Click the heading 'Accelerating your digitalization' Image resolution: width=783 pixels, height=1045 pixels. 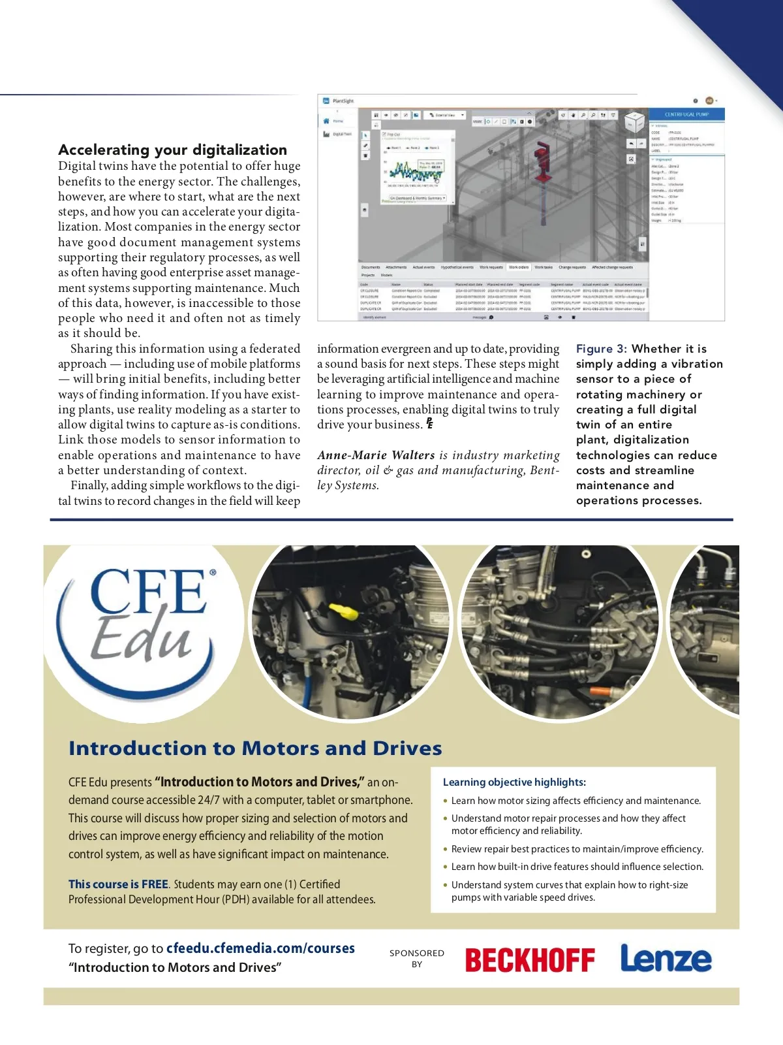click(x=172, y=150)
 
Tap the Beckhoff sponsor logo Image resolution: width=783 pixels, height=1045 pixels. click(x=529, y=960)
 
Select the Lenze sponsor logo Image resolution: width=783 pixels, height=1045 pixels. click(x=666, y=958)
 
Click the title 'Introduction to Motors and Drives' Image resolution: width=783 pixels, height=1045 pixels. click(x=255, y=748)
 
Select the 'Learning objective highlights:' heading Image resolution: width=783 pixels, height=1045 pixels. click(x=514, y=782)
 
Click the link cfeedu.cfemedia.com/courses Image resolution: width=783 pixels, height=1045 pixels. click(x=260, y=948)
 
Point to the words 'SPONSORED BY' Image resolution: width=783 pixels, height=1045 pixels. click(x=417, y=958)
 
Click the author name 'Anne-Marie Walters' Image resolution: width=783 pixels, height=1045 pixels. click(x=376, y=455)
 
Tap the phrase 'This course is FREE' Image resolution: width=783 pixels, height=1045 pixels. click(x=118, y=884)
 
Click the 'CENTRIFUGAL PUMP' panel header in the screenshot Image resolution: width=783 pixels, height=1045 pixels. click(x=686, y=114)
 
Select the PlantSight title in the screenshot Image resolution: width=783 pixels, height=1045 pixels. click(x=343, y=101)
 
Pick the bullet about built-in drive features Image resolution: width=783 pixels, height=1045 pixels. click(x=577, y=867)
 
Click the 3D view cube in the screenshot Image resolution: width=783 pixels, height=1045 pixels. click(x=634, y=122)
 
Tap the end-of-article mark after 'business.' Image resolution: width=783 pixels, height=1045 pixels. click(x=429, y=424)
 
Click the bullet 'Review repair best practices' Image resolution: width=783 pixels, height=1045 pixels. click(x=577, y=849)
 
